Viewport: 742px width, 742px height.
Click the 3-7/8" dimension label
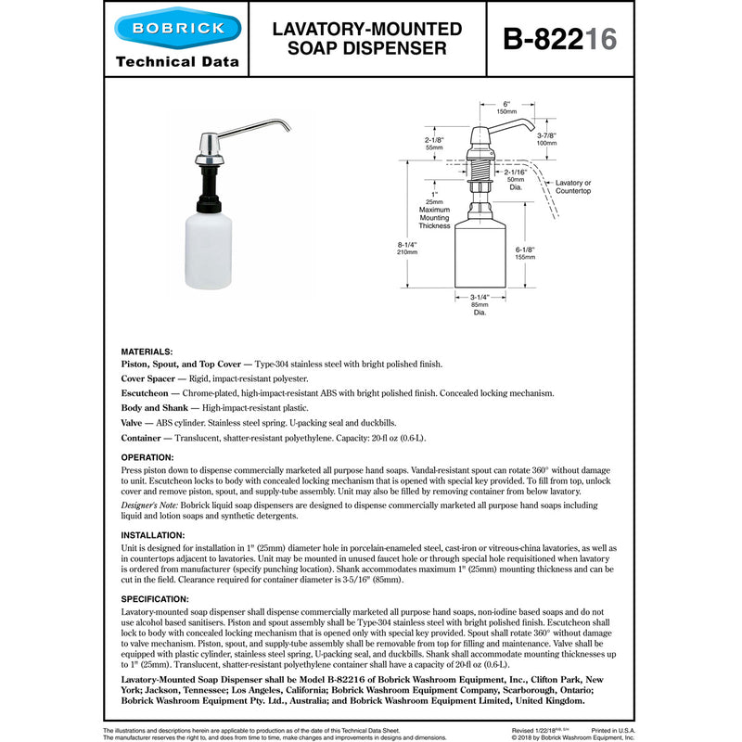point(546,139)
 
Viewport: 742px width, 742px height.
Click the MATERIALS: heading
point(147,352)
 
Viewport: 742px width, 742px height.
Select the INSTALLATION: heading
point(153,535)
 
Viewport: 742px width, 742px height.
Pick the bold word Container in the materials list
point(147,437)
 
